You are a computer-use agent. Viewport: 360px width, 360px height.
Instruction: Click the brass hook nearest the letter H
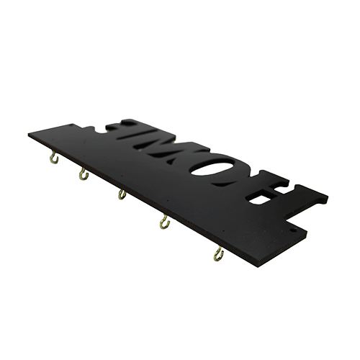[218, 255]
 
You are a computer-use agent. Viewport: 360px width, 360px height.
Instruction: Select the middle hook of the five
[122, 194]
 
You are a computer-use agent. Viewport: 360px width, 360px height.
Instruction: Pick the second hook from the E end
[83, 175]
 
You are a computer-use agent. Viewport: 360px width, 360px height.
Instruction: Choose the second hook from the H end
[165, 222]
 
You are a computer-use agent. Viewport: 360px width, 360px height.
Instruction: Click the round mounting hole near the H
[293, 230]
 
